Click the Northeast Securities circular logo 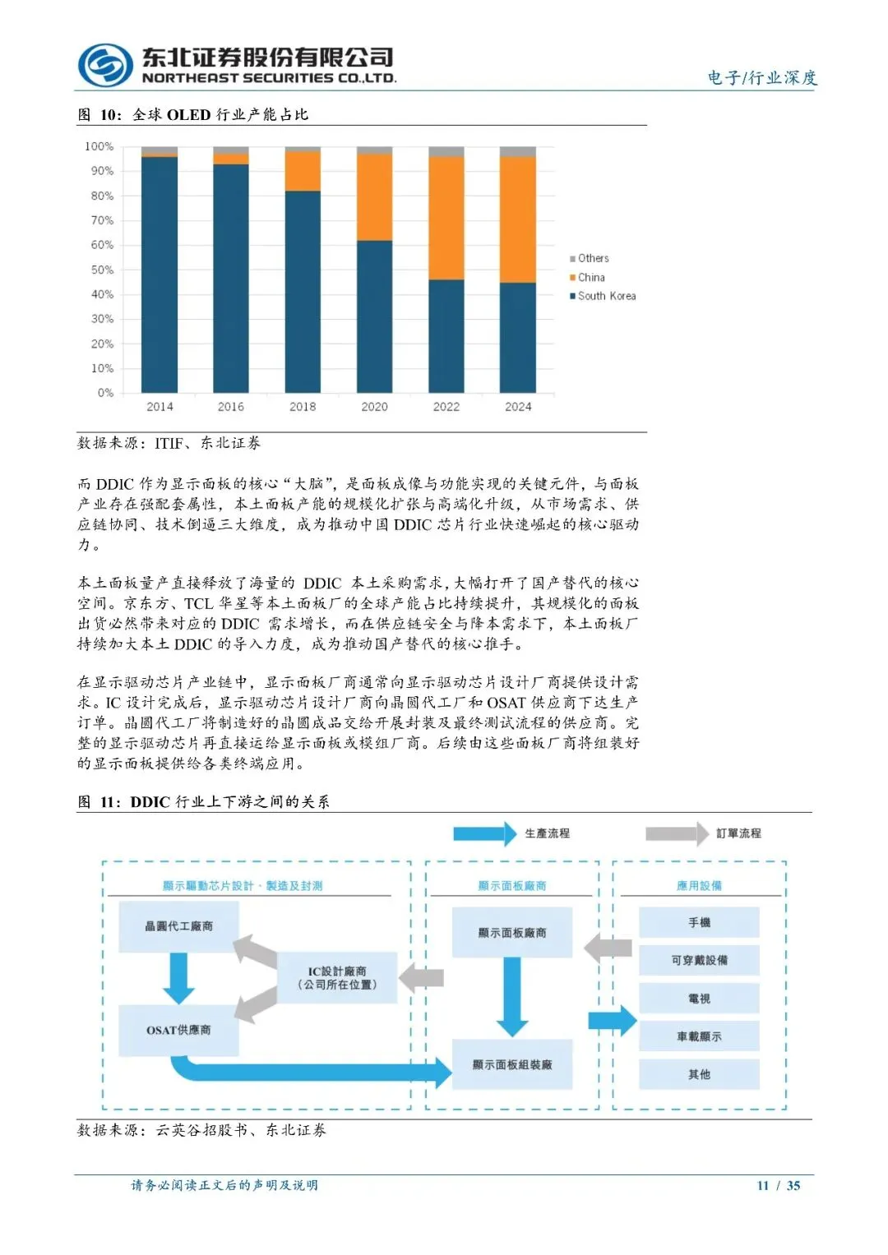pos(105,65)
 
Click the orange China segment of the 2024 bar pos(518,219)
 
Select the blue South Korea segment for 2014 pos(160,275)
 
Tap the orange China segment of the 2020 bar pos(374,197)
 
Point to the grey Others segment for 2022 pos(446,152)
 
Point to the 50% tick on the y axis pos(102,270)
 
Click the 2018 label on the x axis pos(303,407)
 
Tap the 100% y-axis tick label pos(99,146)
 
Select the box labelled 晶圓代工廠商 pos(178,926)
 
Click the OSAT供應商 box pos(178,1030)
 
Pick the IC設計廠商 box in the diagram pos(337,977)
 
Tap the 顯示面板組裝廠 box pos(511,1064)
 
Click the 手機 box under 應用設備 pos(699,923)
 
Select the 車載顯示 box pos(699,1036)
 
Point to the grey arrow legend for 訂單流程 pos(678,833)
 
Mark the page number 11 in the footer pos(763,1185)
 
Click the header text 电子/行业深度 pos(762,77)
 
